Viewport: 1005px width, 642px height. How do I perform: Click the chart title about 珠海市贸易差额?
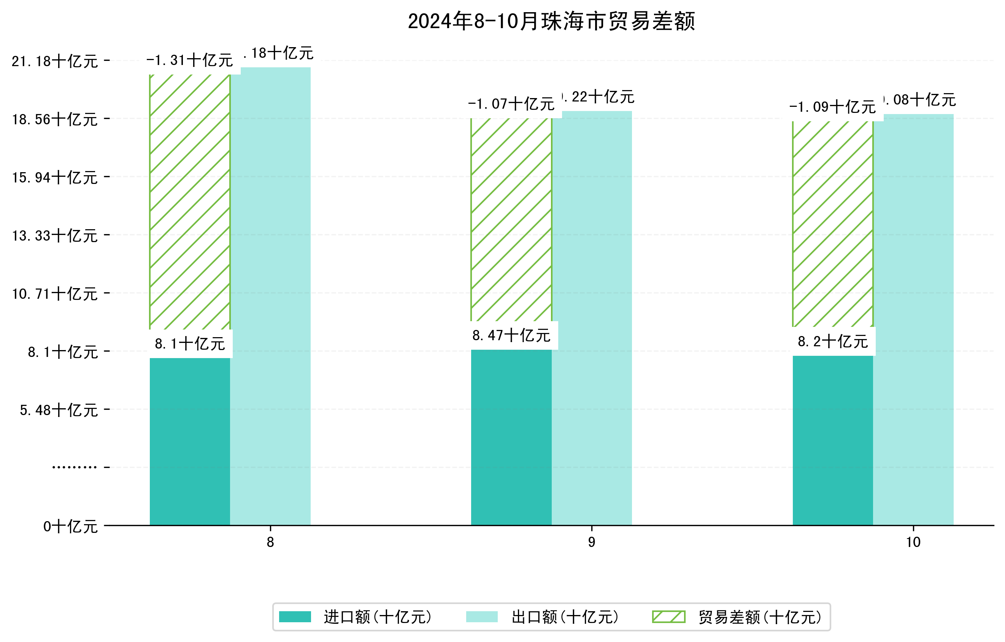click(551, 21)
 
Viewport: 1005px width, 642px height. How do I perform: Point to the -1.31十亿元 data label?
click(189, 60)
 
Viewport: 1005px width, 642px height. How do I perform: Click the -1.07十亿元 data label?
click(511, 104)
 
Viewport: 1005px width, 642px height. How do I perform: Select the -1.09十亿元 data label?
click(833, 107)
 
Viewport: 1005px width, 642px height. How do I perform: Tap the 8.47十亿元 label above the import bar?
click(511, 335)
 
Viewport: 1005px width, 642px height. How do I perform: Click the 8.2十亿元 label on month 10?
click(833, 342)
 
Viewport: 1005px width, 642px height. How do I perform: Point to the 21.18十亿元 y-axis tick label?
click(55, 62)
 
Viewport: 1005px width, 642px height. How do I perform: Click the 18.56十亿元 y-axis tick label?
click(55, 120)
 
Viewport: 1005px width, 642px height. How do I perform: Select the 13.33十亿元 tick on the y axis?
click(55, 236)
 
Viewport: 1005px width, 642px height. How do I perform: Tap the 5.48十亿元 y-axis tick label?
click(59, 411)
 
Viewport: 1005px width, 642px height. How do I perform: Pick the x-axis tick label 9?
click(591, 542)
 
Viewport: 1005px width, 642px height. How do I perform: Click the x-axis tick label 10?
click(913, 542)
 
